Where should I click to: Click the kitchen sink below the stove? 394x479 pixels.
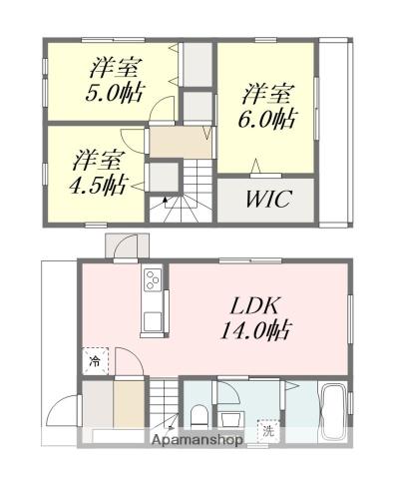pyautogui.click(x=153, y=319)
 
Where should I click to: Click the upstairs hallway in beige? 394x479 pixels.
pyautogui.click(x=180, y=141)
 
